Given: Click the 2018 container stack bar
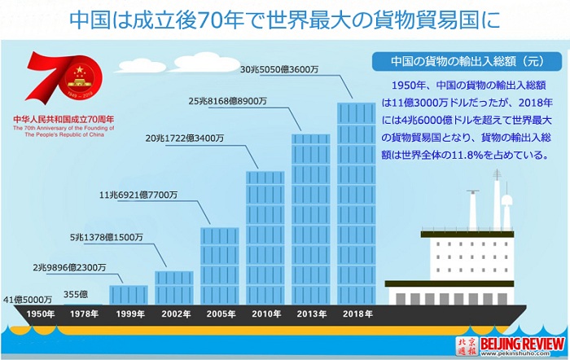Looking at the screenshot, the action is pos(357,204).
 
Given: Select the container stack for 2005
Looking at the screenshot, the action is pos(220,266).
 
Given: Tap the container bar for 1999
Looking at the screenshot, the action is pos(129,295).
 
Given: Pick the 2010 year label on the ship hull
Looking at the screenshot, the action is pos(266,314).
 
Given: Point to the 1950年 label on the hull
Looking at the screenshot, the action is pos(41,314).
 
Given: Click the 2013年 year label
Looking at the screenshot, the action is pos(312,314).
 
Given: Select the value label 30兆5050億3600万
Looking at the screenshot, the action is pos(278,69).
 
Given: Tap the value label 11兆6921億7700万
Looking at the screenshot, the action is pos(138,195).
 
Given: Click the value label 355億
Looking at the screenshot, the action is pos(76,294).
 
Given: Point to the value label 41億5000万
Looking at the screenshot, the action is pos(28,300).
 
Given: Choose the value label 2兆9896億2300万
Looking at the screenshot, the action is pos(69,268).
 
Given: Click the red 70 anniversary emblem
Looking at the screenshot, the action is pos(64,77).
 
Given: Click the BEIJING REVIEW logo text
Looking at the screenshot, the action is pos(523,343).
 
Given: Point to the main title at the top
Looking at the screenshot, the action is pos(285,20).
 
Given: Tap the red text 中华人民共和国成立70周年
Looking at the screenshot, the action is pos(64,119).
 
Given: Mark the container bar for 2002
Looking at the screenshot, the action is pos(174,288).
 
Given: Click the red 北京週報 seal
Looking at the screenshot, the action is pos(467,346).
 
